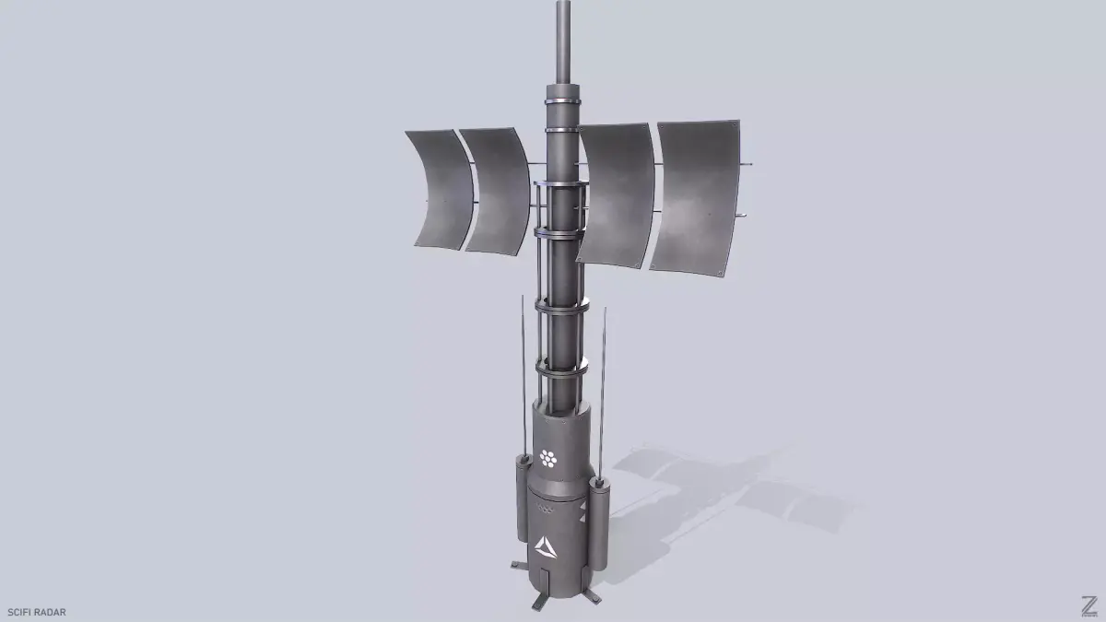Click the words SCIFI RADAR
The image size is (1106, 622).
point(36,611)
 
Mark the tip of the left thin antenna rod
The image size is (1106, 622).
point(523,299)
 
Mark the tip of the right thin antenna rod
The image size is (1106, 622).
point(605,311)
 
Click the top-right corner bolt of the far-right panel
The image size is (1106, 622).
point(734,123)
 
